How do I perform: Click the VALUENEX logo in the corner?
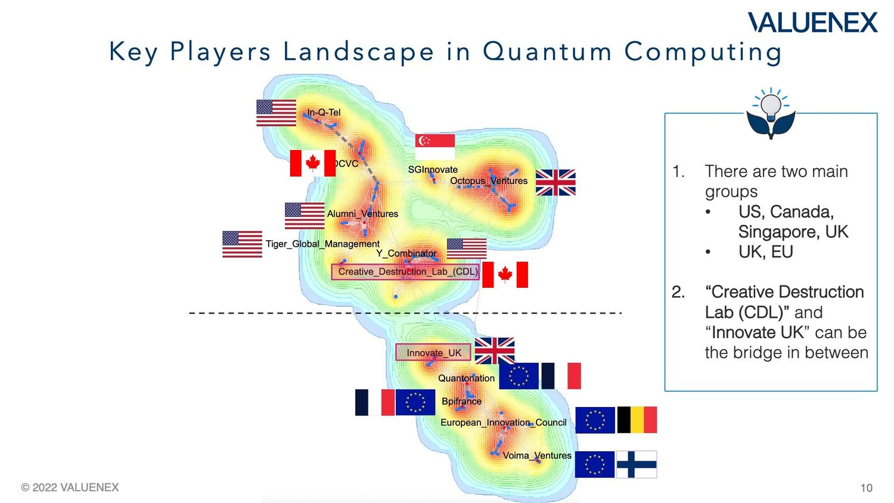pyautogui.click(x=813, y=23)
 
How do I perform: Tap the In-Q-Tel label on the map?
pyautogui.click(x=324, y=112)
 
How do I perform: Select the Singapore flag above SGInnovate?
pyautogui.click(x=435, y=147)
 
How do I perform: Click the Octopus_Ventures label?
pyautogui.click(x=489, y=181)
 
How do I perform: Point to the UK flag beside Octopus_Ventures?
pyautogui.click(x=555, y=182)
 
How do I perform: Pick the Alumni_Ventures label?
pyautogui.click(x=362, y=213)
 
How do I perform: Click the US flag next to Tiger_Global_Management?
pyautogui.click(x=242, y=244)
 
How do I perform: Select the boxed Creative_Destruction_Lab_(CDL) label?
pyautogui.click(x=408, y=272)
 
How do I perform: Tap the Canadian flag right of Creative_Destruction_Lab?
pyautogui.click(x=505, y=274)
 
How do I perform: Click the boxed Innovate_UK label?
pyautogui.click(x=433, y=353)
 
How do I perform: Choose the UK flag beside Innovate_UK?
pyautogui.click(x=495, y=350)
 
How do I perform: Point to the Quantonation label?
pyautogui.click(x=466, y=378)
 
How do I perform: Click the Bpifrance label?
pyautogui.click(x=461, y=401)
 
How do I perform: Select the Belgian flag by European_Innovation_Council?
pyautogui.click(x=637, y=420)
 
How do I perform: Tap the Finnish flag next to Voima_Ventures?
pyautogui.click(x=637, y=464)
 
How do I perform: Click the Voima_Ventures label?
pyautogui.click(x=537, y=455)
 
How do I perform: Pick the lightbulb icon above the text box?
pyautogui.click(x=771, y=113)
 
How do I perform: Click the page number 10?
pyautogui.click(x=866, y=488)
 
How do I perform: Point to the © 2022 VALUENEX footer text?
pyautogui.click(x=70, y=487)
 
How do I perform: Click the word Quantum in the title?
pyautogui.click(x=547, y=51)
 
